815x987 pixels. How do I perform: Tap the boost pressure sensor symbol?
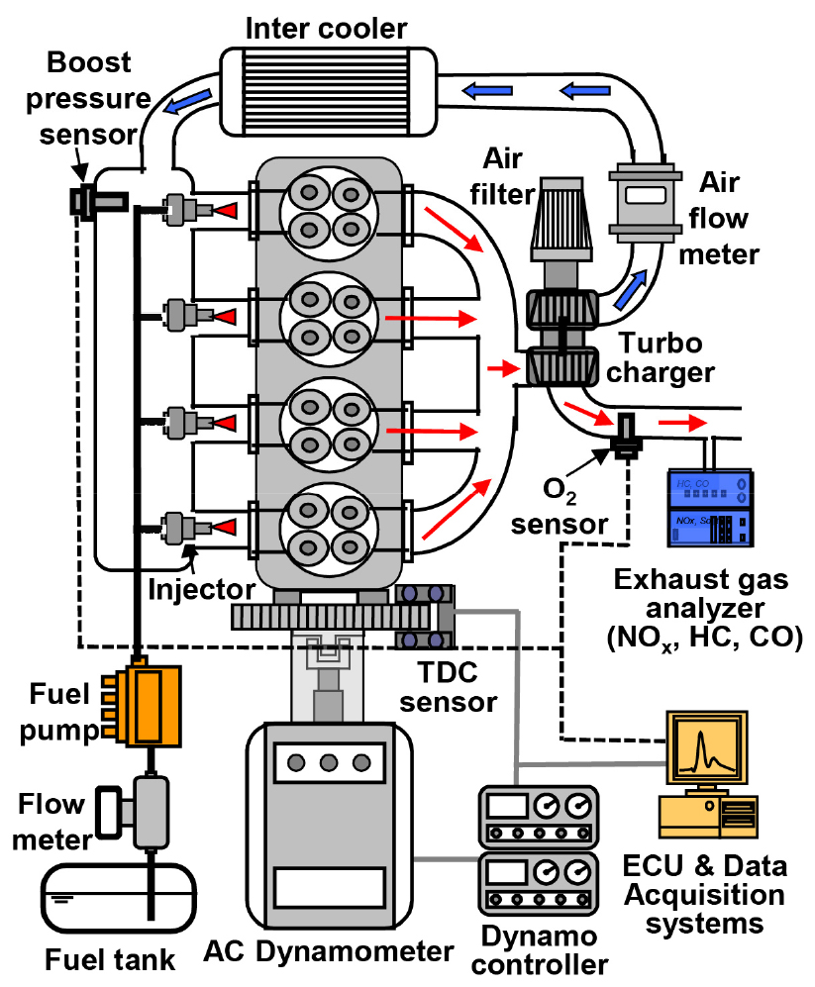pyautogui.click(x=85, y=202)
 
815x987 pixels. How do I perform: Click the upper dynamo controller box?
pyautogui.click(x=539, y=817)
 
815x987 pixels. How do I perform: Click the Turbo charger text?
pyautogui.click(x=666, y=358)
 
